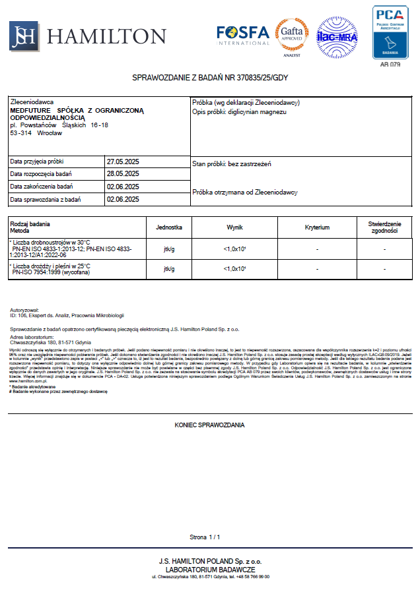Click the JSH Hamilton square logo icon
[x=23, y=36]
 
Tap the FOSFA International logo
[x=242, y=35]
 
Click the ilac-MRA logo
[x=337, y=36]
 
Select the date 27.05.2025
[x=123, y=162]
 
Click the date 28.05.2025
[x=123, y=174]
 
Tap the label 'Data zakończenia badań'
[x=42, y=187]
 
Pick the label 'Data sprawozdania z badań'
[x=46, y=199]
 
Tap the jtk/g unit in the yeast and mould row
[x=168, y=269]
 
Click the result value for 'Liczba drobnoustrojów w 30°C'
[x=235, y=249]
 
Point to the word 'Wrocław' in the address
[x=50, y=133]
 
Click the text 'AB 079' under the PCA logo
[x=390, y=65]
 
